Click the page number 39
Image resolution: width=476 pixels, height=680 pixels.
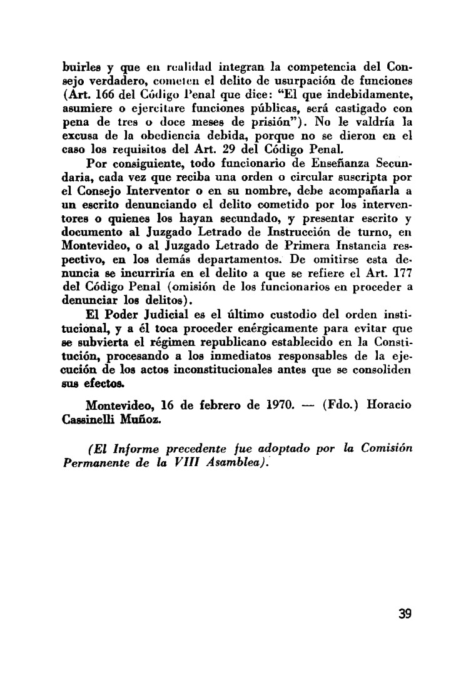[x=404, y=613]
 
